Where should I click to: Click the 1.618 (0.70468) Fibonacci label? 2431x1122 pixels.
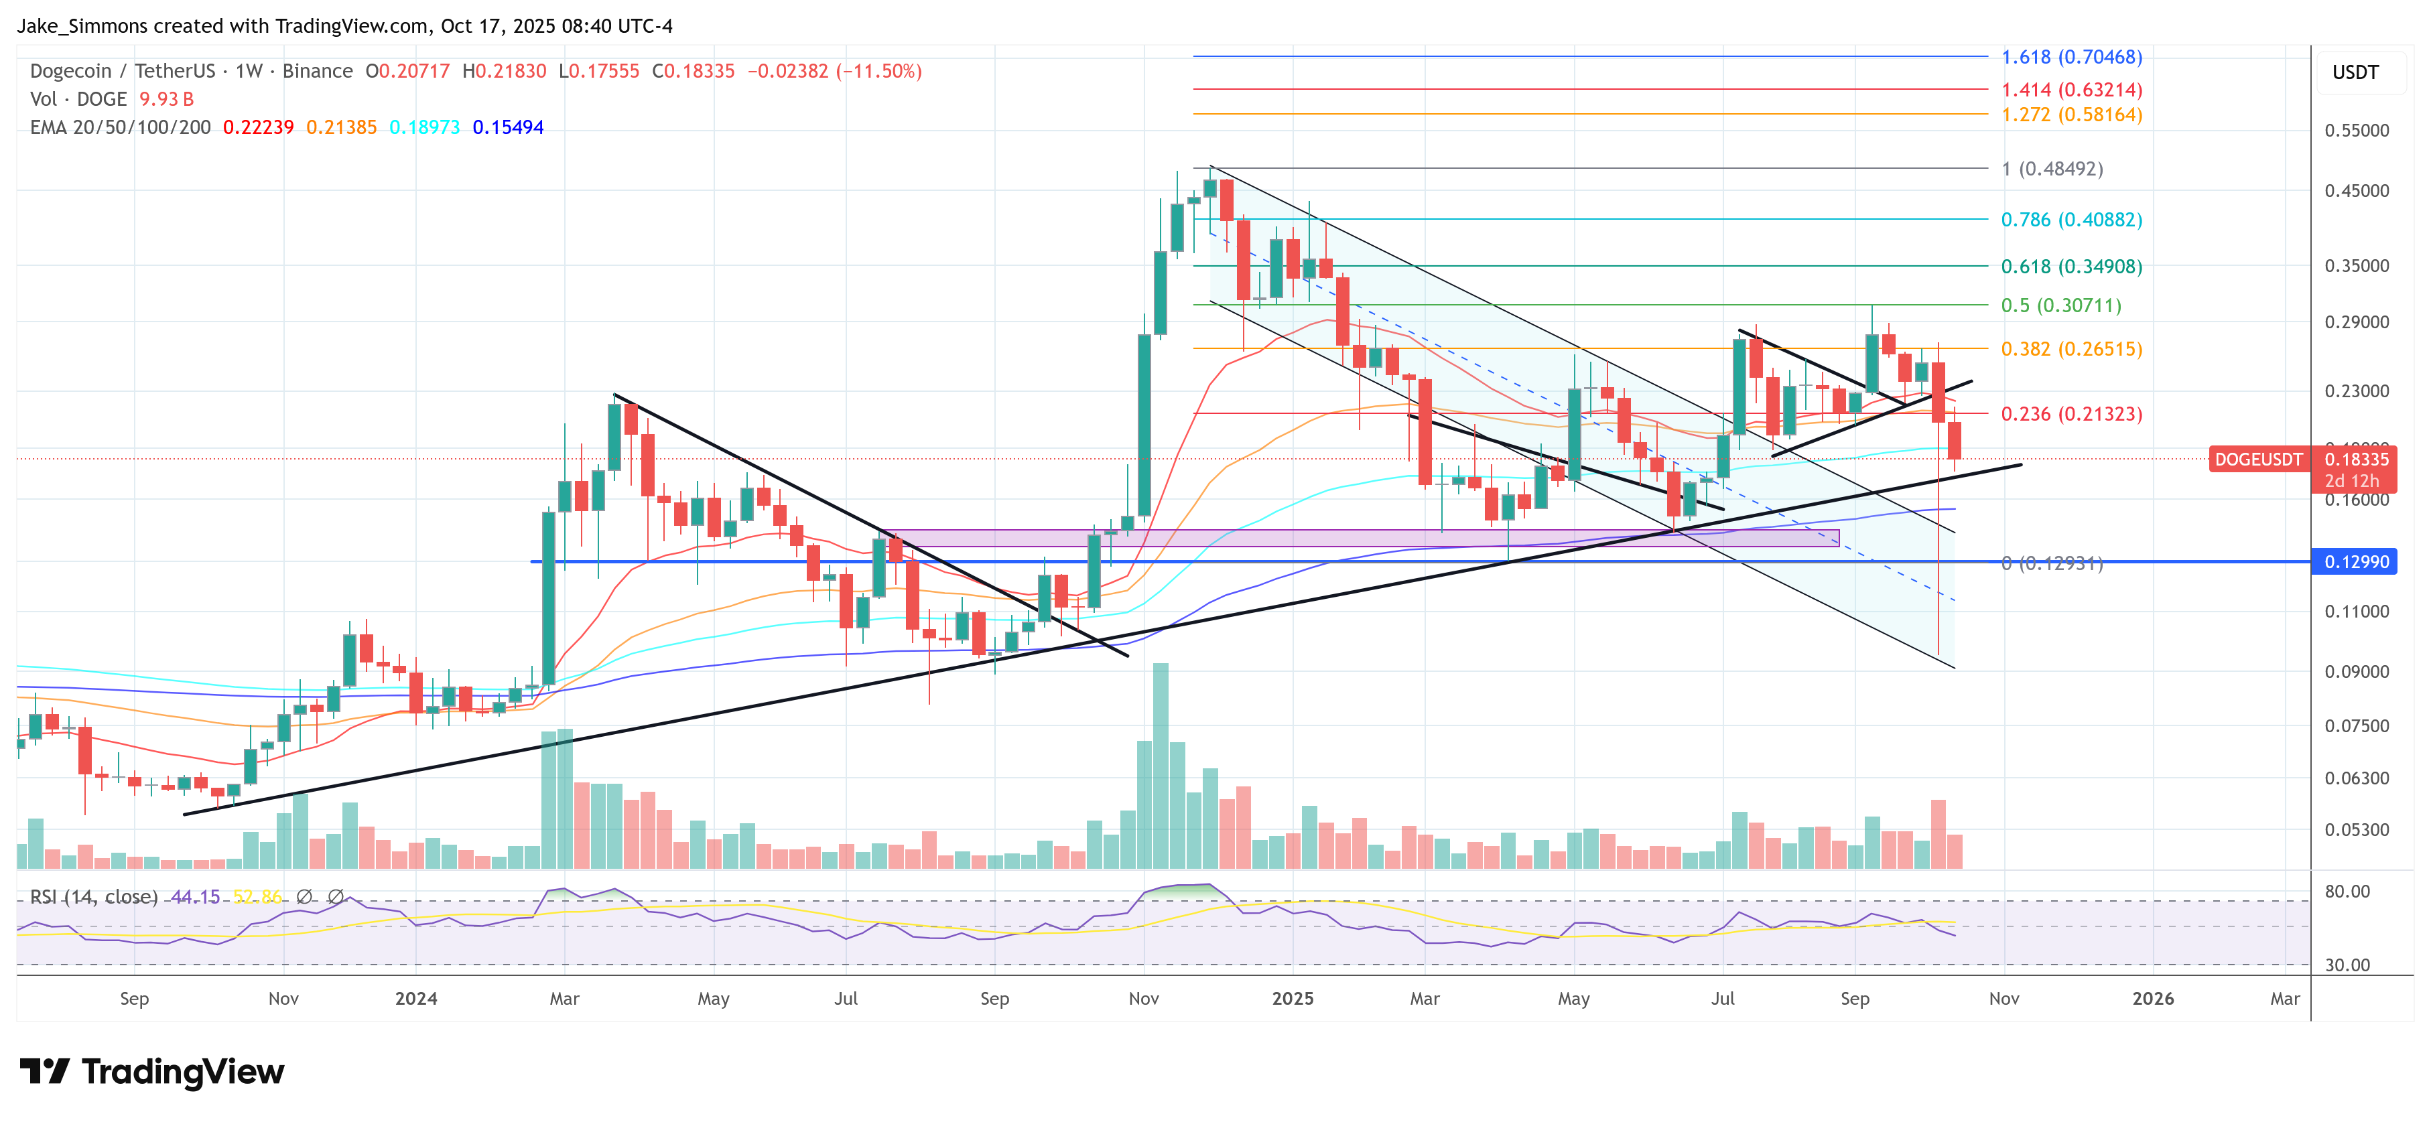coord(2071,57)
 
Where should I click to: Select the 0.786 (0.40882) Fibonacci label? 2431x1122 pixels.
coord(2071,219)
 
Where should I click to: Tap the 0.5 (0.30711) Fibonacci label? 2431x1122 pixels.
coord(2061,305)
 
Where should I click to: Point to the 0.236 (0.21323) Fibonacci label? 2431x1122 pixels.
coord(2071,413)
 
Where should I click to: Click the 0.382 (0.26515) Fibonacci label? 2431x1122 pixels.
coord(2071,348)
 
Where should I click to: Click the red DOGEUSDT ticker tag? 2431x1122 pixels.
coord(2257,460)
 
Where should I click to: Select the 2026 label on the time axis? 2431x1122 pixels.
coord(2153,998)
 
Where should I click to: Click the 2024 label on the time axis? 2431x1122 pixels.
coord(415,998)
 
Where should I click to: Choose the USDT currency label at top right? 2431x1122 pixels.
coord(2355,72)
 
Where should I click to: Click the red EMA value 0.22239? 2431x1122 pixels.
coord(257,127)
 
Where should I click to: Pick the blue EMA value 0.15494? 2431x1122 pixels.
coord(508,127)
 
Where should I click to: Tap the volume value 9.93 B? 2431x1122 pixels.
coord(167,99)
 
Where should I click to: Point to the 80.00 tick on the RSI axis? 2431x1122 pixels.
coord(2347,891)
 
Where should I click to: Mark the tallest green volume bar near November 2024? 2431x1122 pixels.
coord(1160,764)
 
